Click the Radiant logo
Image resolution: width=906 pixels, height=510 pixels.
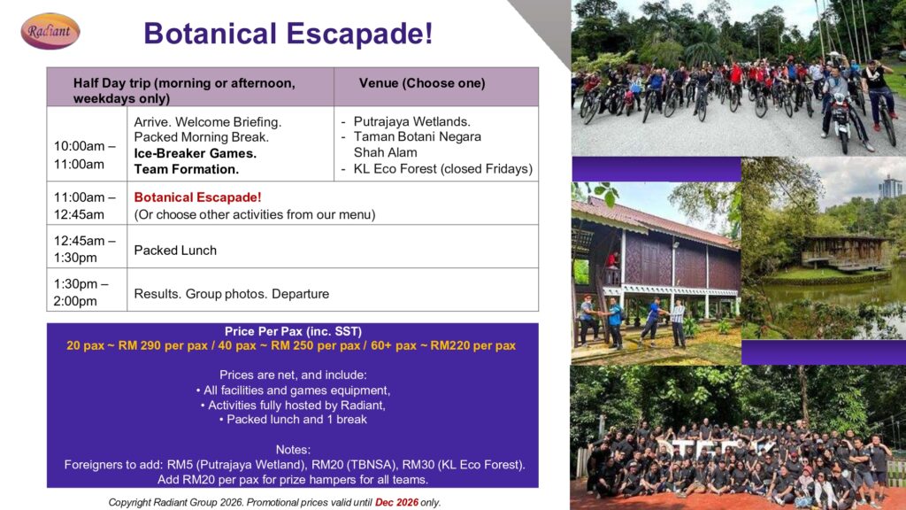tap(50, 31)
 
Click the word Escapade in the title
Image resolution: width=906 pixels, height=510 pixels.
tap(359, 33)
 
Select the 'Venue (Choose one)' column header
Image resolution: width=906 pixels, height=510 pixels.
tap(422, 83)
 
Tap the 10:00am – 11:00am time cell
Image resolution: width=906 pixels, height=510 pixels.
tap(86, 155)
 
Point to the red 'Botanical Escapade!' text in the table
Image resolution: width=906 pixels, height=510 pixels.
tap(197, 197)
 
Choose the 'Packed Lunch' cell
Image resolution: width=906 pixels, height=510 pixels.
tap(175, 251)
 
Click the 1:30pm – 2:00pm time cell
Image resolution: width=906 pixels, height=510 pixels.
tap(86, 292)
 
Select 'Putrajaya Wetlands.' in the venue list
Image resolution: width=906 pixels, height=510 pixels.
tap(412, 121)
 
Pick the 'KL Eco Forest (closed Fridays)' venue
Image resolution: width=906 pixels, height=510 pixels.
tap(443, 169)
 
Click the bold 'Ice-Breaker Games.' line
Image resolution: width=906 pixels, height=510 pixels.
tap(196, 154)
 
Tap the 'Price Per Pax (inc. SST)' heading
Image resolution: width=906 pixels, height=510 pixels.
tap(293, 331)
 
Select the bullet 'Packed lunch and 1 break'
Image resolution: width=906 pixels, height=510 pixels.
tap(293, 419)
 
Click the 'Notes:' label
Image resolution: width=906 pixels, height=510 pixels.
tap(293, 449)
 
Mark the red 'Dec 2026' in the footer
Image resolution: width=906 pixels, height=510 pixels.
tap(396, 503)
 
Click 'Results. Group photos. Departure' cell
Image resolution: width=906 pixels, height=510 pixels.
tap(232, 294)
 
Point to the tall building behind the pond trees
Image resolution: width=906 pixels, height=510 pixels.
tap(890, 187)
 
